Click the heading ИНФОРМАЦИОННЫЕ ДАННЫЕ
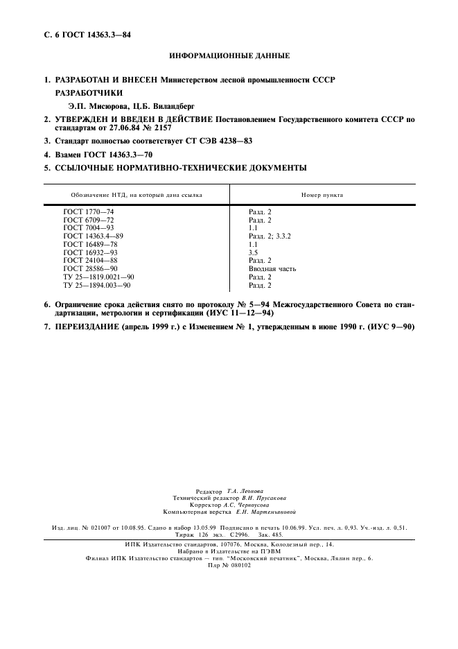[229, 55]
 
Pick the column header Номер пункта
[322, 195]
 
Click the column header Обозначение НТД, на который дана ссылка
[136, 195]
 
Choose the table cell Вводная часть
[272, 268]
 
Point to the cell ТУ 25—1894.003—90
[97, 285]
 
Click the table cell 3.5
[254, 252]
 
